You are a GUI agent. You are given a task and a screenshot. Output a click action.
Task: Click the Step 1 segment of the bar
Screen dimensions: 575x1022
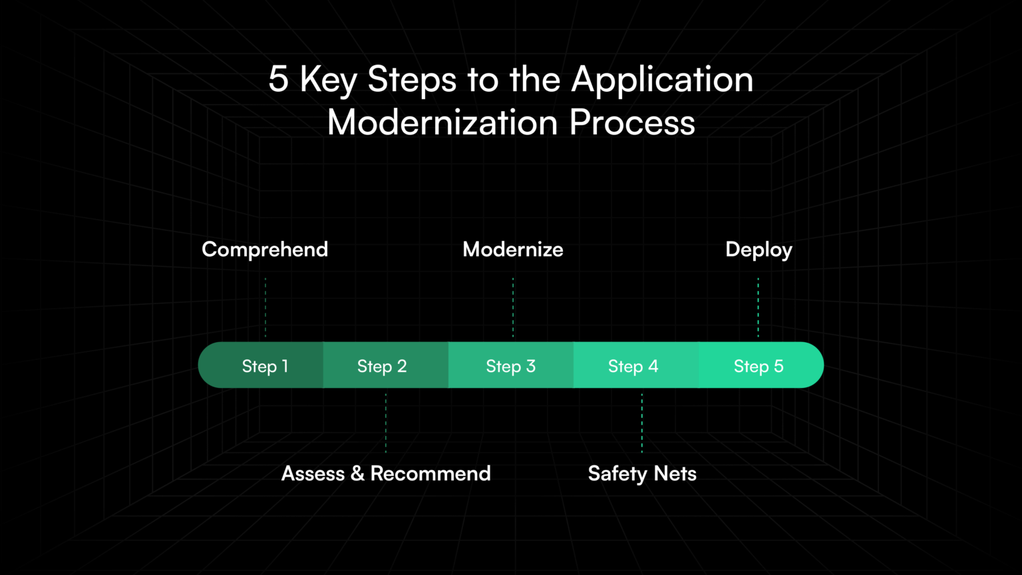265,365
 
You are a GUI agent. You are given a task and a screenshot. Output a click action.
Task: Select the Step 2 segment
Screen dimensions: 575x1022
382,365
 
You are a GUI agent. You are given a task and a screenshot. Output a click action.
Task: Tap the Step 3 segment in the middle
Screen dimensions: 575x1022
510,365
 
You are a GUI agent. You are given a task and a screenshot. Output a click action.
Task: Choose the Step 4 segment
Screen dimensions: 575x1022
633,365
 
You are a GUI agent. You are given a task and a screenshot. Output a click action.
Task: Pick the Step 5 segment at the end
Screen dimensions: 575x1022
759,365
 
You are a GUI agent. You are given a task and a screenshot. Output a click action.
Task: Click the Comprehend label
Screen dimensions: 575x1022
265,250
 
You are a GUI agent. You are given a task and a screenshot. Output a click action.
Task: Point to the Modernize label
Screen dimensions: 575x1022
512,250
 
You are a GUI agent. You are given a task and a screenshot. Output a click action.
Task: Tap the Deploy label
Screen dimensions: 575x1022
759,250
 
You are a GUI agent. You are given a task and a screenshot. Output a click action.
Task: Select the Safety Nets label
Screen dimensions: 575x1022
642,473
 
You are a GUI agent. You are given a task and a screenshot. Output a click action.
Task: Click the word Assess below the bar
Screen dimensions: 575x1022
313,473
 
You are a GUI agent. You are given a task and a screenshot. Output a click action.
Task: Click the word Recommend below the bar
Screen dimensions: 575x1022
430,473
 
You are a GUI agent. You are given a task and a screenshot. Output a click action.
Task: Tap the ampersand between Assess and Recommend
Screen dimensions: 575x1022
357,473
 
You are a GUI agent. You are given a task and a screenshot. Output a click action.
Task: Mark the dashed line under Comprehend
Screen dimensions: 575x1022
265,307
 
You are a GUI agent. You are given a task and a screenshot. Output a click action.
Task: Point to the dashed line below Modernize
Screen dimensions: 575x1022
513,307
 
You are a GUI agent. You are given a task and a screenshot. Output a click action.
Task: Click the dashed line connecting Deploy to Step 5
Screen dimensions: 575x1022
758,307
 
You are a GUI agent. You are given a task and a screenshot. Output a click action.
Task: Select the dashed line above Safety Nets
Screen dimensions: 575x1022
642,423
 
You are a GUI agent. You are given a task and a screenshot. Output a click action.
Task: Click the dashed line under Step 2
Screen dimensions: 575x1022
386,423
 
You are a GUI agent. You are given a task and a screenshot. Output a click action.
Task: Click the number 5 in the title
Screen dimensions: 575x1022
278,79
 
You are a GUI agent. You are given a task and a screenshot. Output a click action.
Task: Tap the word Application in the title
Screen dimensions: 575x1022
662,79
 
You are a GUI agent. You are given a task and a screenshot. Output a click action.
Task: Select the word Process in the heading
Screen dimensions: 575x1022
632,122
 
